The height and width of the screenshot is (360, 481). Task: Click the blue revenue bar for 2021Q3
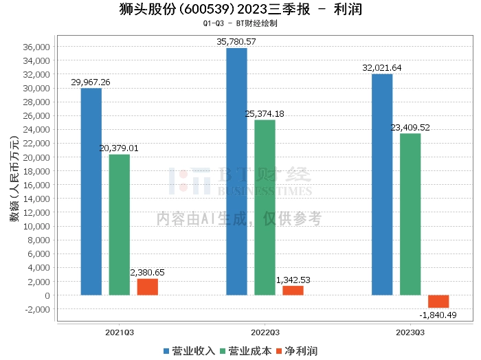(x=91, y=192)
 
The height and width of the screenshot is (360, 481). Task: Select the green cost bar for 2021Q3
(x=119, y=225)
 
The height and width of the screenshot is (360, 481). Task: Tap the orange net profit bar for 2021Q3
(x=147, y=287)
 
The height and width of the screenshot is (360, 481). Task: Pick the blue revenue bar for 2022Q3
(x=236, y=172)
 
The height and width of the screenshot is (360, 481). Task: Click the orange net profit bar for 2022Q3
(x=293, y=291)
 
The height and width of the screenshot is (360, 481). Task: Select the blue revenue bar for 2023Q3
(x=382, y=185)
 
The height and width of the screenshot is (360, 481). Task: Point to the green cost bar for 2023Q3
(x=410, y=214)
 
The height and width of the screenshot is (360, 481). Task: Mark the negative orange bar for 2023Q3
(x=438, y=302)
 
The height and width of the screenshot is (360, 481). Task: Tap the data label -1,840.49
(x=438, y=315)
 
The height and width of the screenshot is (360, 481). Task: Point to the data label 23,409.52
(x=410, y=127)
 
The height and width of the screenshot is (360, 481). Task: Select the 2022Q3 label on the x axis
(x=265, y=332)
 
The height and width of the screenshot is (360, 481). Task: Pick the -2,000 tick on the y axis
(x=37, y=309)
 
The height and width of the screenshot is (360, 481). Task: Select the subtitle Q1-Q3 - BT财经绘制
(x=240, y=23)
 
